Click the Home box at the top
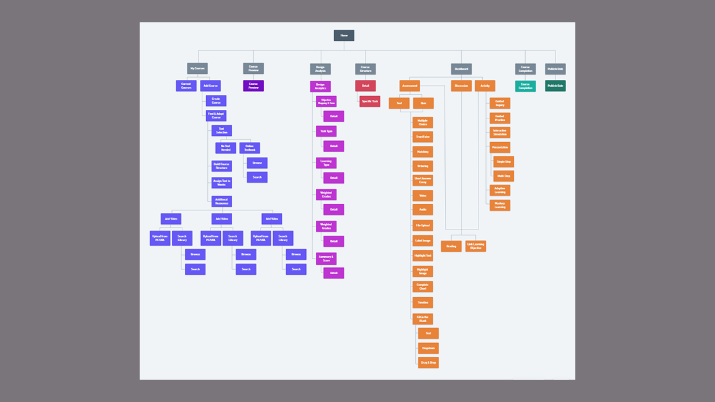(x=344, y=35)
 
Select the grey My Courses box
(x=197, y=68)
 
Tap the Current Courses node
(x=186, y=86)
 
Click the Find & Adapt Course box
(x=216, y=115)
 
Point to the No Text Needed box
(x=225, y=148)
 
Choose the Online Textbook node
(x=250, y=148)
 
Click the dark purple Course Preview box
(x=253, y=86)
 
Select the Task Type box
(x=326, y=132)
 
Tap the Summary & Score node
(x=326, y=258)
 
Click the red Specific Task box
(x=369, y=100)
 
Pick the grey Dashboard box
(x=461, y=69)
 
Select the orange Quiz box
(x=423, y=103)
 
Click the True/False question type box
(x=423, y=136)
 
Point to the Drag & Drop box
(x=428, y=362)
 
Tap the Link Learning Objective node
(x=475, y=246)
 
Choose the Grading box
(x=451, y=246)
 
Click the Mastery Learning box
(x=500, y=205)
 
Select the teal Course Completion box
(x=525, y=86)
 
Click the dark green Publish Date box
(x=555, y=86)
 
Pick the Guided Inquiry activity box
(x=500, y=103)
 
